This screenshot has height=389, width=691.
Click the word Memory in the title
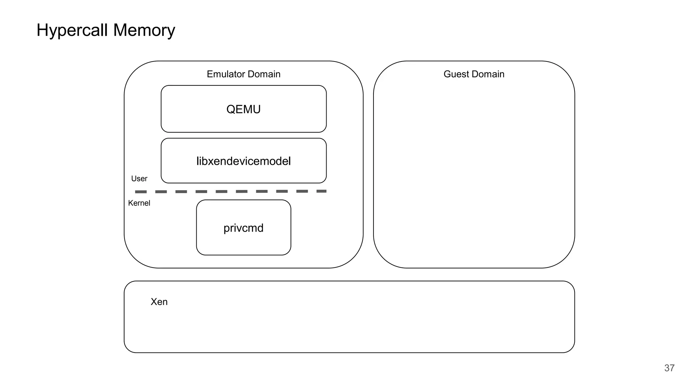(x=144, y=30)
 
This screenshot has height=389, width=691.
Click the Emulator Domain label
(x=244, y=74)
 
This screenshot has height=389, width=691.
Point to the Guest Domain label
(x=474, y=74)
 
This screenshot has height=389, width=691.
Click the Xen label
(x=159, y=302)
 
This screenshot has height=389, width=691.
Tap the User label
(x=139, y=179)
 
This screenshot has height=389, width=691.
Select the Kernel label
(x=139, y=203)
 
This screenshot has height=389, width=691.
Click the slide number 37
(x=669, y=368)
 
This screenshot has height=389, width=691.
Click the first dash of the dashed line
(x=141, y=192)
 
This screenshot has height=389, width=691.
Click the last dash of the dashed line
(x=321, y=191)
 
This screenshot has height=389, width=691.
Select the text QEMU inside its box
(x=244, y=109)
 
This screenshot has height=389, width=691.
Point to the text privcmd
(x=244, y=228)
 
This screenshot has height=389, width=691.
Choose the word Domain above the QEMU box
(x=265, y=74)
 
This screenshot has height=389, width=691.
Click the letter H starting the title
(x=43, y=30)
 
